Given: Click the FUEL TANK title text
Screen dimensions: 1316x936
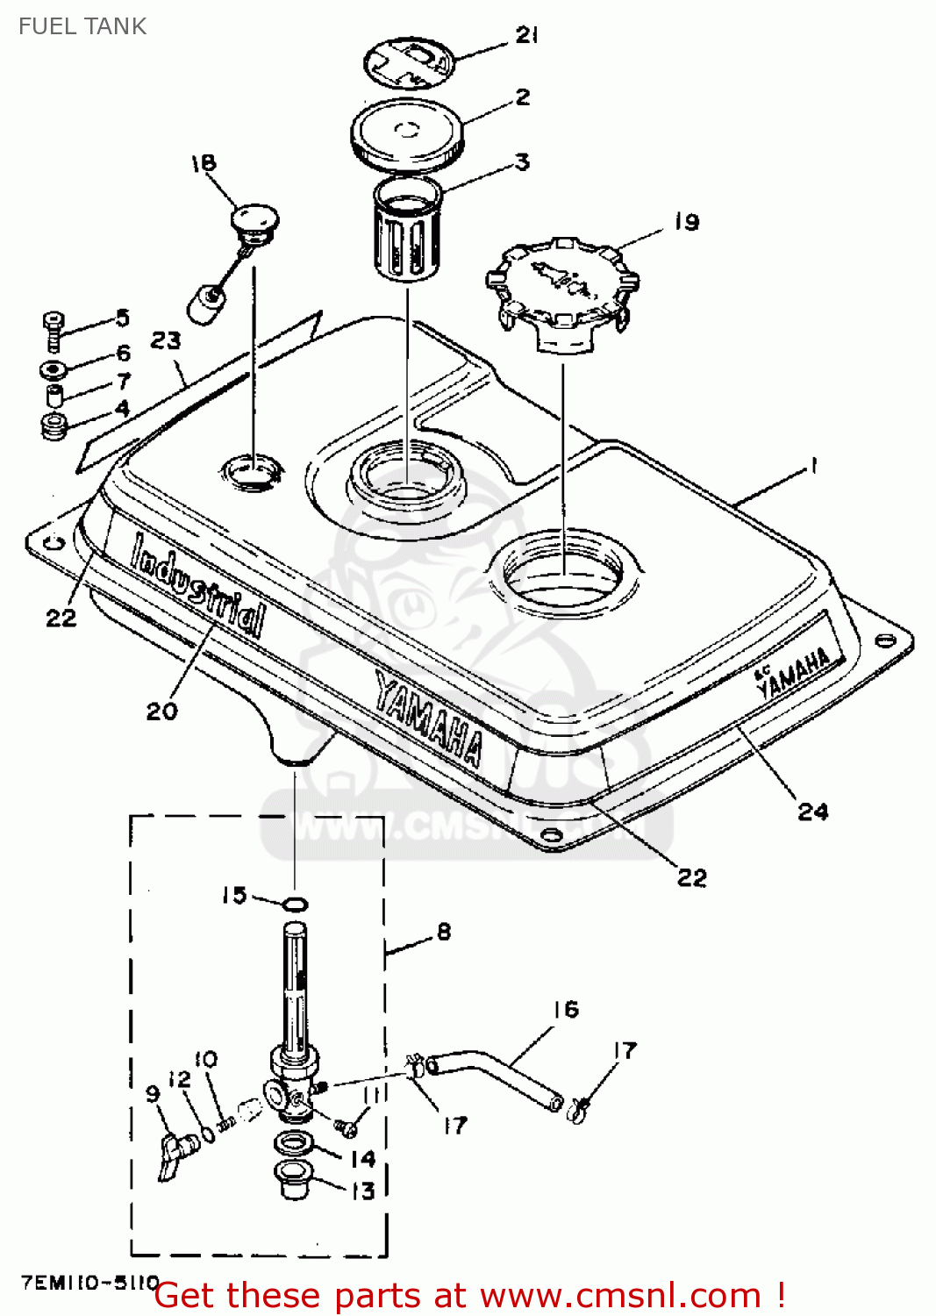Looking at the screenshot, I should [82, 26].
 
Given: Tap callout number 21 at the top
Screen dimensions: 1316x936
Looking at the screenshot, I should [526, 35].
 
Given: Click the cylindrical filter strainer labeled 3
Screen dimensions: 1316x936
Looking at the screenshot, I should [407, 230].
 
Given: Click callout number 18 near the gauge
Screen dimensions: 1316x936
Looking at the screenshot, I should [203, 163].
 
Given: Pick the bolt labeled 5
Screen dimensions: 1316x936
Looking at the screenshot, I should [54, 329].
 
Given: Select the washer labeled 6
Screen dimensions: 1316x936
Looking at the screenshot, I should [53, 369].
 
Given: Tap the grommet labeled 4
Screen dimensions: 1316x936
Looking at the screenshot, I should [54, 427].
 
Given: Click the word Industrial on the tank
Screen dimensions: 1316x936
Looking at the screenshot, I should [198, 584].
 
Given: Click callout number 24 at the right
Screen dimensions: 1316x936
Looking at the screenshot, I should [812, 812].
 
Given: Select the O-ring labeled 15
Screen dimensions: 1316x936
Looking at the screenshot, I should [296, 904].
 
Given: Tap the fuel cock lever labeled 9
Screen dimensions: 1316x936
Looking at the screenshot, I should [178, 1154].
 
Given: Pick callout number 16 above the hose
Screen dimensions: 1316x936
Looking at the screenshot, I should [566, 1010].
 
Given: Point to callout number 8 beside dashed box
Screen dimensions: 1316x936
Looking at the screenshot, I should [444, 932].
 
